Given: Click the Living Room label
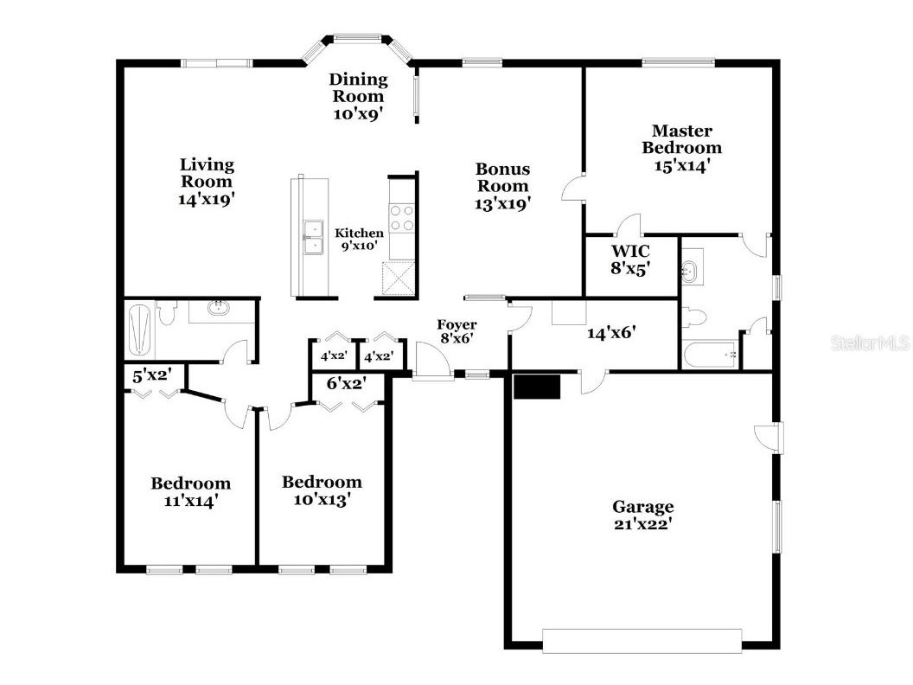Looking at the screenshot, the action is click(207, 182).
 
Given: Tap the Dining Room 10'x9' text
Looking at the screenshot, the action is click(358, 96).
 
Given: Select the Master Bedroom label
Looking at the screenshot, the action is click(682, 148).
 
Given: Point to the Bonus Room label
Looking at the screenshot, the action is click(503, 187).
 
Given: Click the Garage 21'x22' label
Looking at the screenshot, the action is click(643, 515).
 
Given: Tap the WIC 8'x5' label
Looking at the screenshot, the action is click(630, 259).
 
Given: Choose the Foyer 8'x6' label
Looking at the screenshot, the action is click(457, 331).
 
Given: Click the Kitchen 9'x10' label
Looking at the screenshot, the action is click(360, 240).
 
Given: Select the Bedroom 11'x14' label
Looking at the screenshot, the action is click(191, 491).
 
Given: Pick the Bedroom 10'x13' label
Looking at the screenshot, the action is click(322, 490).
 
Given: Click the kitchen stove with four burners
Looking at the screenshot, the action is click(402, 217).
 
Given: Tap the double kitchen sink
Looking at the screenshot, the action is click(313, 238).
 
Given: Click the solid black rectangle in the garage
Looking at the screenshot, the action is click(537, 387).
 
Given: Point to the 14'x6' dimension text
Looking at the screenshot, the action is click(610, 333).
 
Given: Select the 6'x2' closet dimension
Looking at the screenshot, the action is click(347, 383).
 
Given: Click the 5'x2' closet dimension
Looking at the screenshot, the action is click(150, 375).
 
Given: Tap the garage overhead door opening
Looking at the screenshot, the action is click(642, 641).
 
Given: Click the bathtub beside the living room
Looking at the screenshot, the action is click(140, 330).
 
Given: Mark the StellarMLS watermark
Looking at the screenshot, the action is click(871, 343).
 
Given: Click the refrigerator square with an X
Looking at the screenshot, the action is click(399, 278).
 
